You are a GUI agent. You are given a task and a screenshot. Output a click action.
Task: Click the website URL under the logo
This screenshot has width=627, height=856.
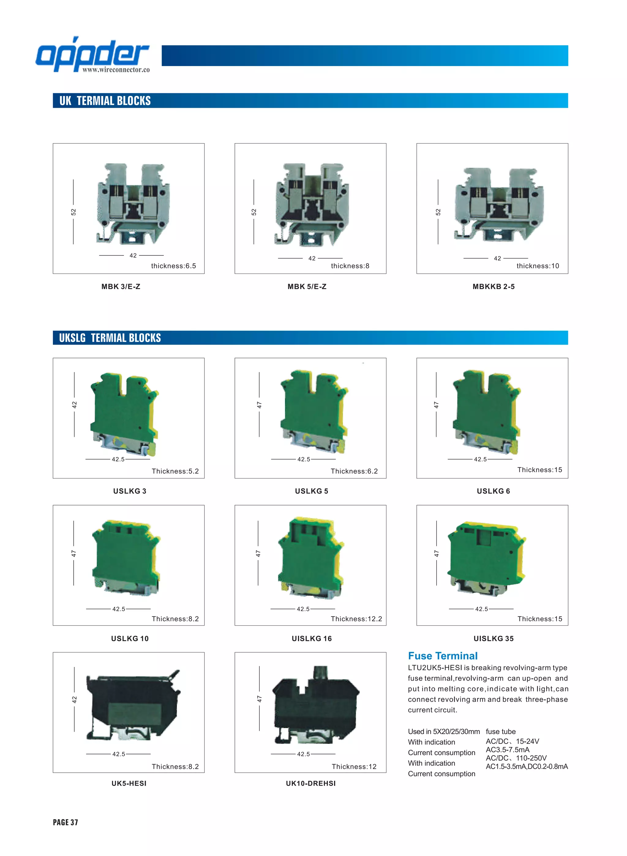[116, 70]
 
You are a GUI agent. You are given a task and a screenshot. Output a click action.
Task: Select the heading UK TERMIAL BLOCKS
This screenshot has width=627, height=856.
[105, 101]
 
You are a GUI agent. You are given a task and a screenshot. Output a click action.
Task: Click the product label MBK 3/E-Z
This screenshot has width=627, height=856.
[121, 286]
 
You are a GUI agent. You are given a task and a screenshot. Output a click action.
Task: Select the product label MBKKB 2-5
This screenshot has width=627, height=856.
[494, 286]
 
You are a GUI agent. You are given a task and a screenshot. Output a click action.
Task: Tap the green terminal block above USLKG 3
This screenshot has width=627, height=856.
[124, 413]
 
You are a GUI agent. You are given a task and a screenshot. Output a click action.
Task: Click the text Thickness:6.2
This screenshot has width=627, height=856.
[354, 471]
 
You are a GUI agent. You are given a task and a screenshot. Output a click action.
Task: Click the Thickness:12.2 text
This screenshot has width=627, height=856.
[356, 619]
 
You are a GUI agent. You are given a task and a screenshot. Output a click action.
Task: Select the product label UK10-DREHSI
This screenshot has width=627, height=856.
[310, 783]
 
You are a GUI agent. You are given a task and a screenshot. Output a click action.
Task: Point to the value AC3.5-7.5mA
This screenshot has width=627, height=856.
[507, 750]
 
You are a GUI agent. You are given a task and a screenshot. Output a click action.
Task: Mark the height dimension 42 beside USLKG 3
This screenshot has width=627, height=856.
[74, 405]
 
